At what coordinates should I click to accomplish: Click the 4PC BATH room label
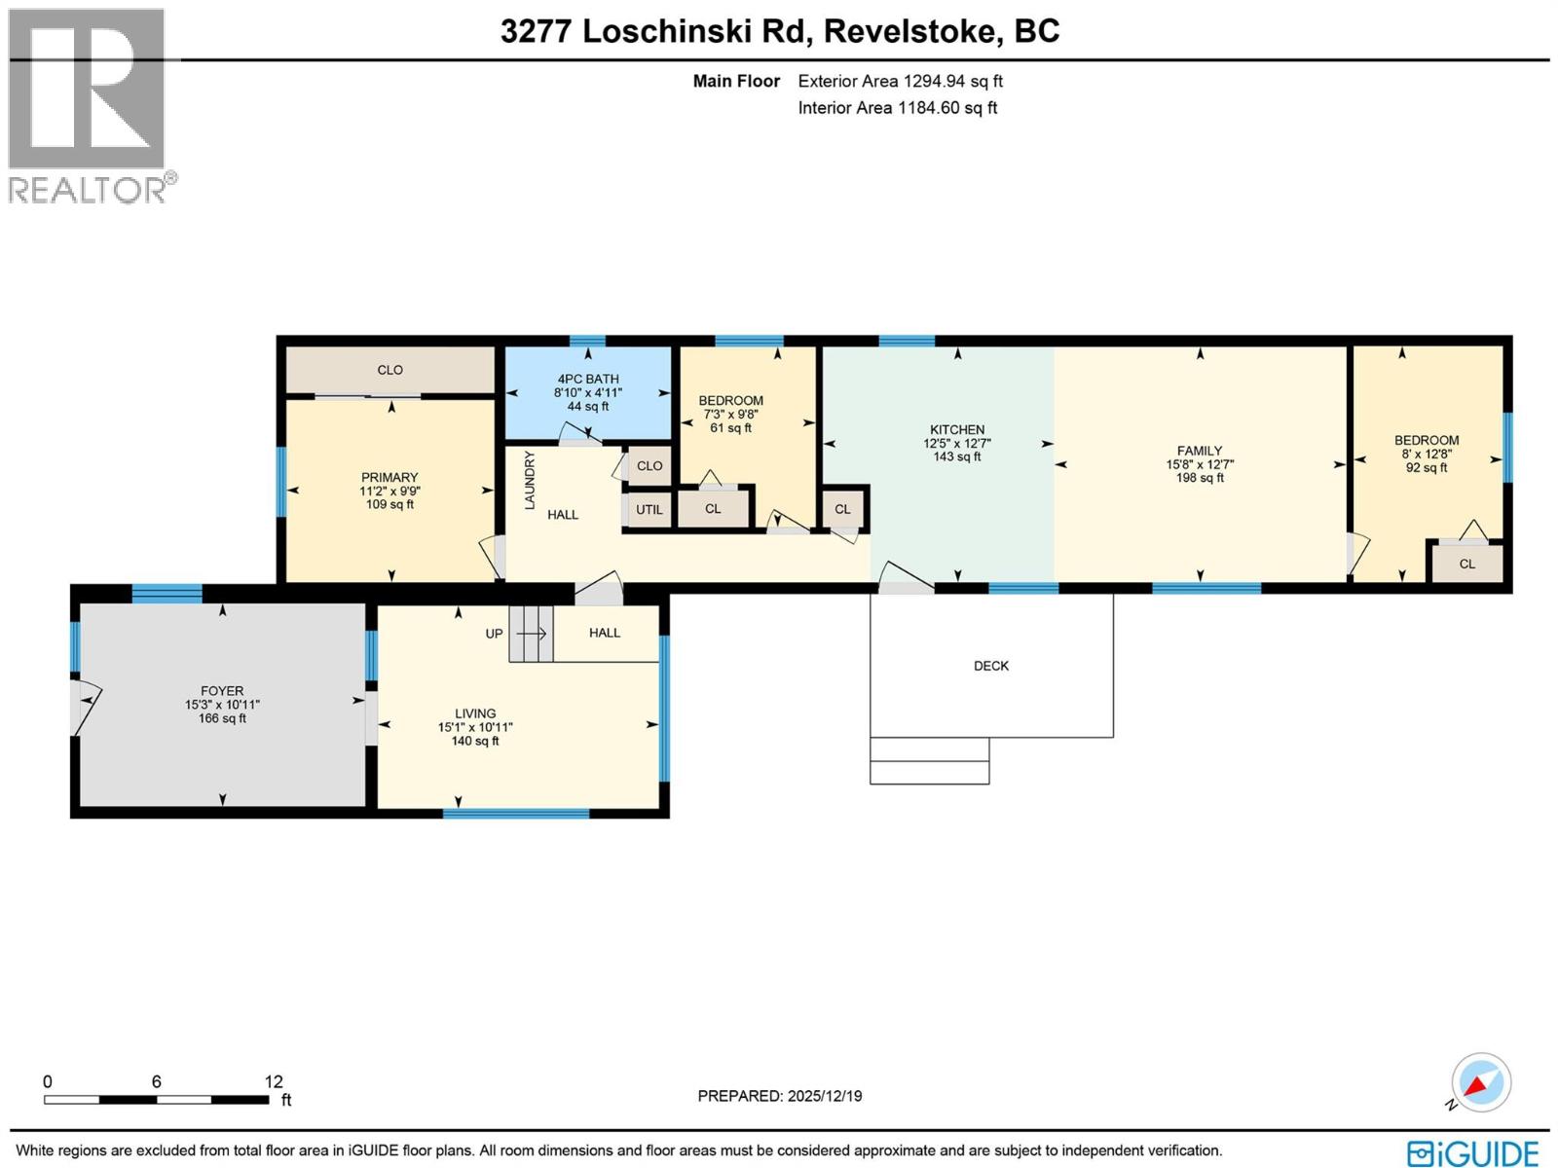click(587, 380)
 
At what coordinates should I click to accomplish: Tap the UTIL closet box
click(649, 510)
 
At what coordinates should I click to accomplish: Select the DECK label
click(991, 666)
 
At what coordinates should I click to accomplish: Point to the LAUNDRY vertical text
click(530, 480)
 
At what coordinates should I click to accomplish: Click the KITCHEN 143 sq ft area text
click(956, 456)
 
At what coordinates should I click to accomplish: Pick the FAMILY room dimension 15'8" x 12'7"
click(1200, 464)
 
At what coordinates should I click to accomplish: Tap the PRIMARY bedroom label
click(389, 477)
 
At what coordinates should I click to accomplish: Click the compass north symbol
click(1479, 1083)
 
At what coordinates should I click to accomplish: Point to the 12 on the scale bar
click(274, 1081)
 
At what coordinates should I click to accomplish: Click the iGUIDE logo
click(1472, 1153)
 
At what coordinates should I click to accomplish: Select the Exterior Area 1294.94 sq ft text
click(900, 82)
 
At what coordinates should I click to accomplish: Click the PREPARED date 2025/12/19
click(779, 1096)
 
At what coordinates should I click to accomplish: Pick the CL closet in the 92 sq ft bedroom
click(1466, 564)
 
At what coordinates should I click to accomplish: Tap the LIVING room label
click(475, 713)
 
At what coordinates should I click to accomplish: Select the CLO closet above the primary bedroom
click(389, 370)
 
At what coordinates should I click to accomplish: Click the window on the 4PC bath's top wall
click(587, 341)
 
